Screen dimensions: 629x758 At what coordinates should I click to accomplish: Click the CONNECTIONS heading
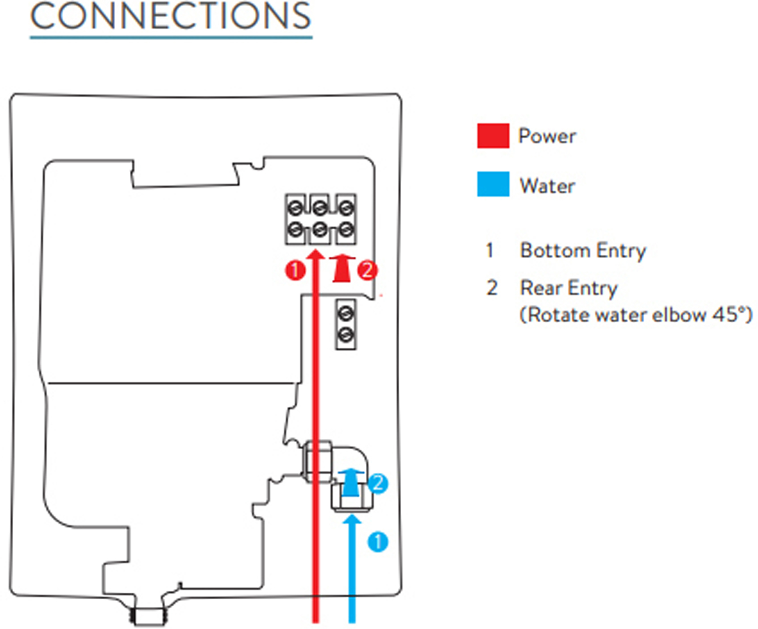coord(171,16)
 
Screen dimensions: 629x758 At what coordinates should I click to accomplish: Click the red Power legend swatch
coord(493,135)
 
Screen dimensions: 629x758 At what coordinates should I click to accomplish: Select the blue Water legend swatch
coord(493,184)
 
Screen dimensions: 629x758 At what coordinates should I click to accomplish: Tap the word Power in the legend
coord(547,136)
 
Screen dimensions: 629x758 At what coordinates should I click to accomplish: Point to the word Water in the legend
coord(547,186)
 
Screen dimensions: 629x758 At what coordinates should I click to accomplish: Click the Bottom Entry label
coord(583,251)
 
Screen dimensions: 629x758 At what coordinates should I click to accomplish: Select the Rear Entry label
coord(568,288)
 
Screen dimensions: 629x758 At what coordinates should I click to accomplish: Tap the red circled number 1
coord(295,270)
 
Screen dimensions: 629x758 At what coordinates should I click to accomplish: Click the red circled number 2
coord(367,270)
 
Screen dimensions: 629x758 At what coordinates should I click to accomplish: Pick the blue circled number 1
coord(377,542)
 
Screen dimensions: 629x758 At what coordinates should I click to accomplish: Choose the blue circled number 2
coord(377,483)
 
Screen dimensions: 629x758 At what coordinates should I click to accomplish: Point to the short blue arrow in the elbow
coord(350,483)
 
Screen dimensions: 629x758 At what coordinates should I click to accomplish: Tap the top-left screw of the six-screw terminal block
coord(295,208)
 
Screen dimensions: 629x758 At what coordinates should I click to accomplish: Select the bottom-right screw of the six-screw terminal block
coord(346,230)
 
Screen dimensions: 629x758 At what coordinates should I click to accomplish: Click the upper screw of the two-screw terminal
coord(346,314)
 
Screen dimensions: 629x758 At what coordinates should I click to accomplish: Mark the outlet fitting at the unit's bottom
coord(149,616)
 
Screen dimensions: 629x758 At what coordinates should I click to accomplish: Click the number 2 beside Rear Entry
coord(492,288)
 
